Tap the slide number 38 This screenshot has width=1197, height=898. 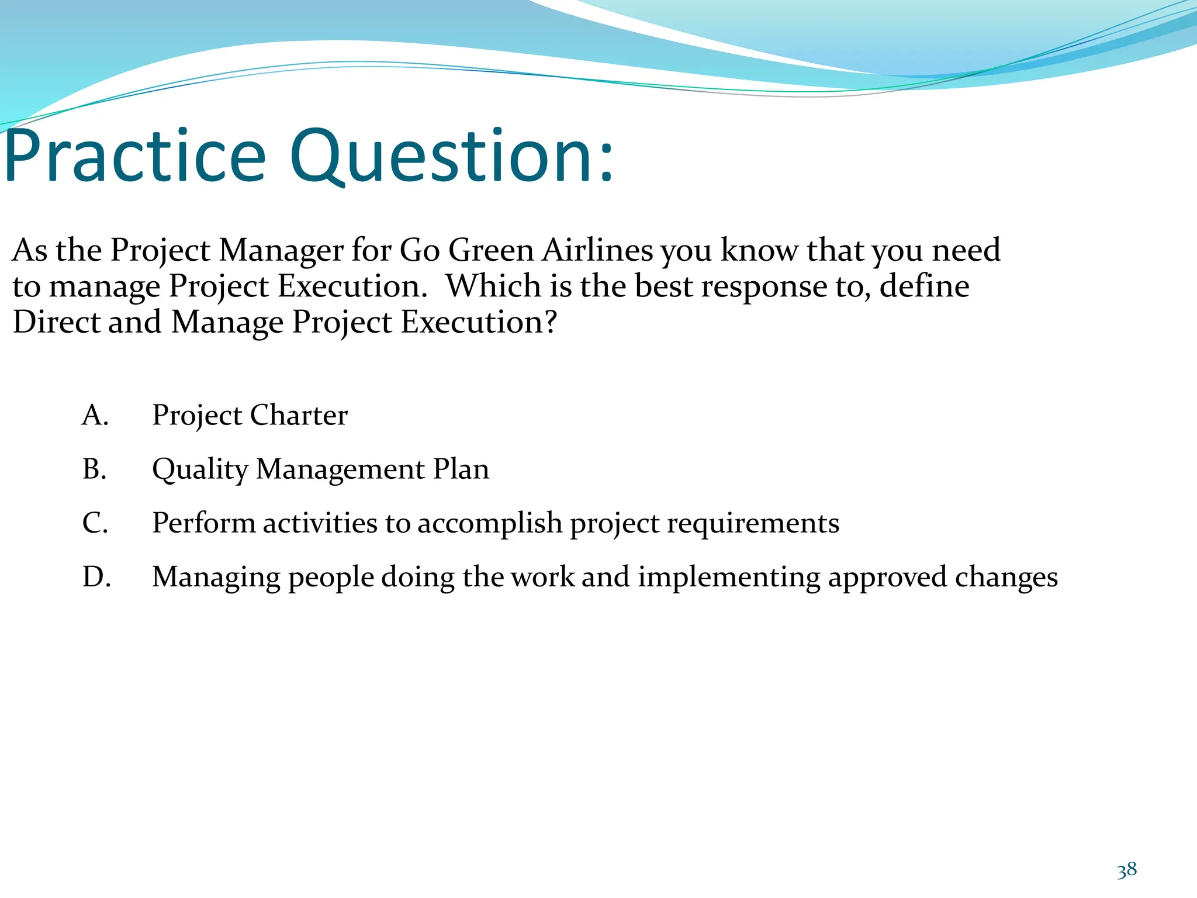point(1126,871)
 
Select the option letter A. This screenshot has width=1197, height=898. point(95,416)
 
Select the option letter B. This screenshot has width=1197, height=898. point(95,469)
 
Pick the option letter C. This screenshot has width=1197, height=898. point(95,523)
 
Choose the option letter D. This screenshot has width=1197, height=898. point(96,577)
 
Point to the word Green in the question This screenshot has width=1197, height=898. point(491,250)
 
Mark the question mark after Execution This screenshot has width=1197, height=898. point(550,322)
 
